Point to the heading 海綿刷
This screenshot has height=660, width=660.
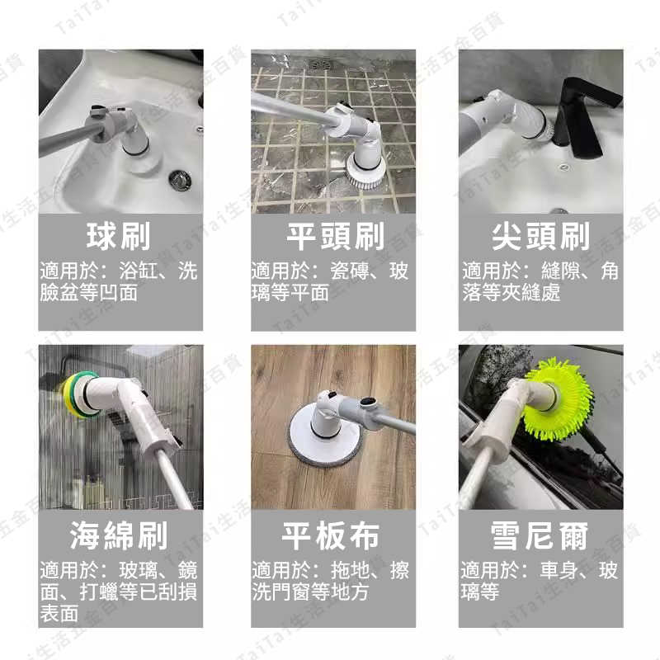click(120, 535)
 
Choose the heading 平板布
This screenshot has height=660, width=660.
click(332, 535)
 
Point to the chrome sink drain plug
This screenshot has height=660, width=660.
click(179, 177)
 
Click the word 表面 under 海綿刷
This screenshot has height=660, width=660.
click(59, 614)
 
